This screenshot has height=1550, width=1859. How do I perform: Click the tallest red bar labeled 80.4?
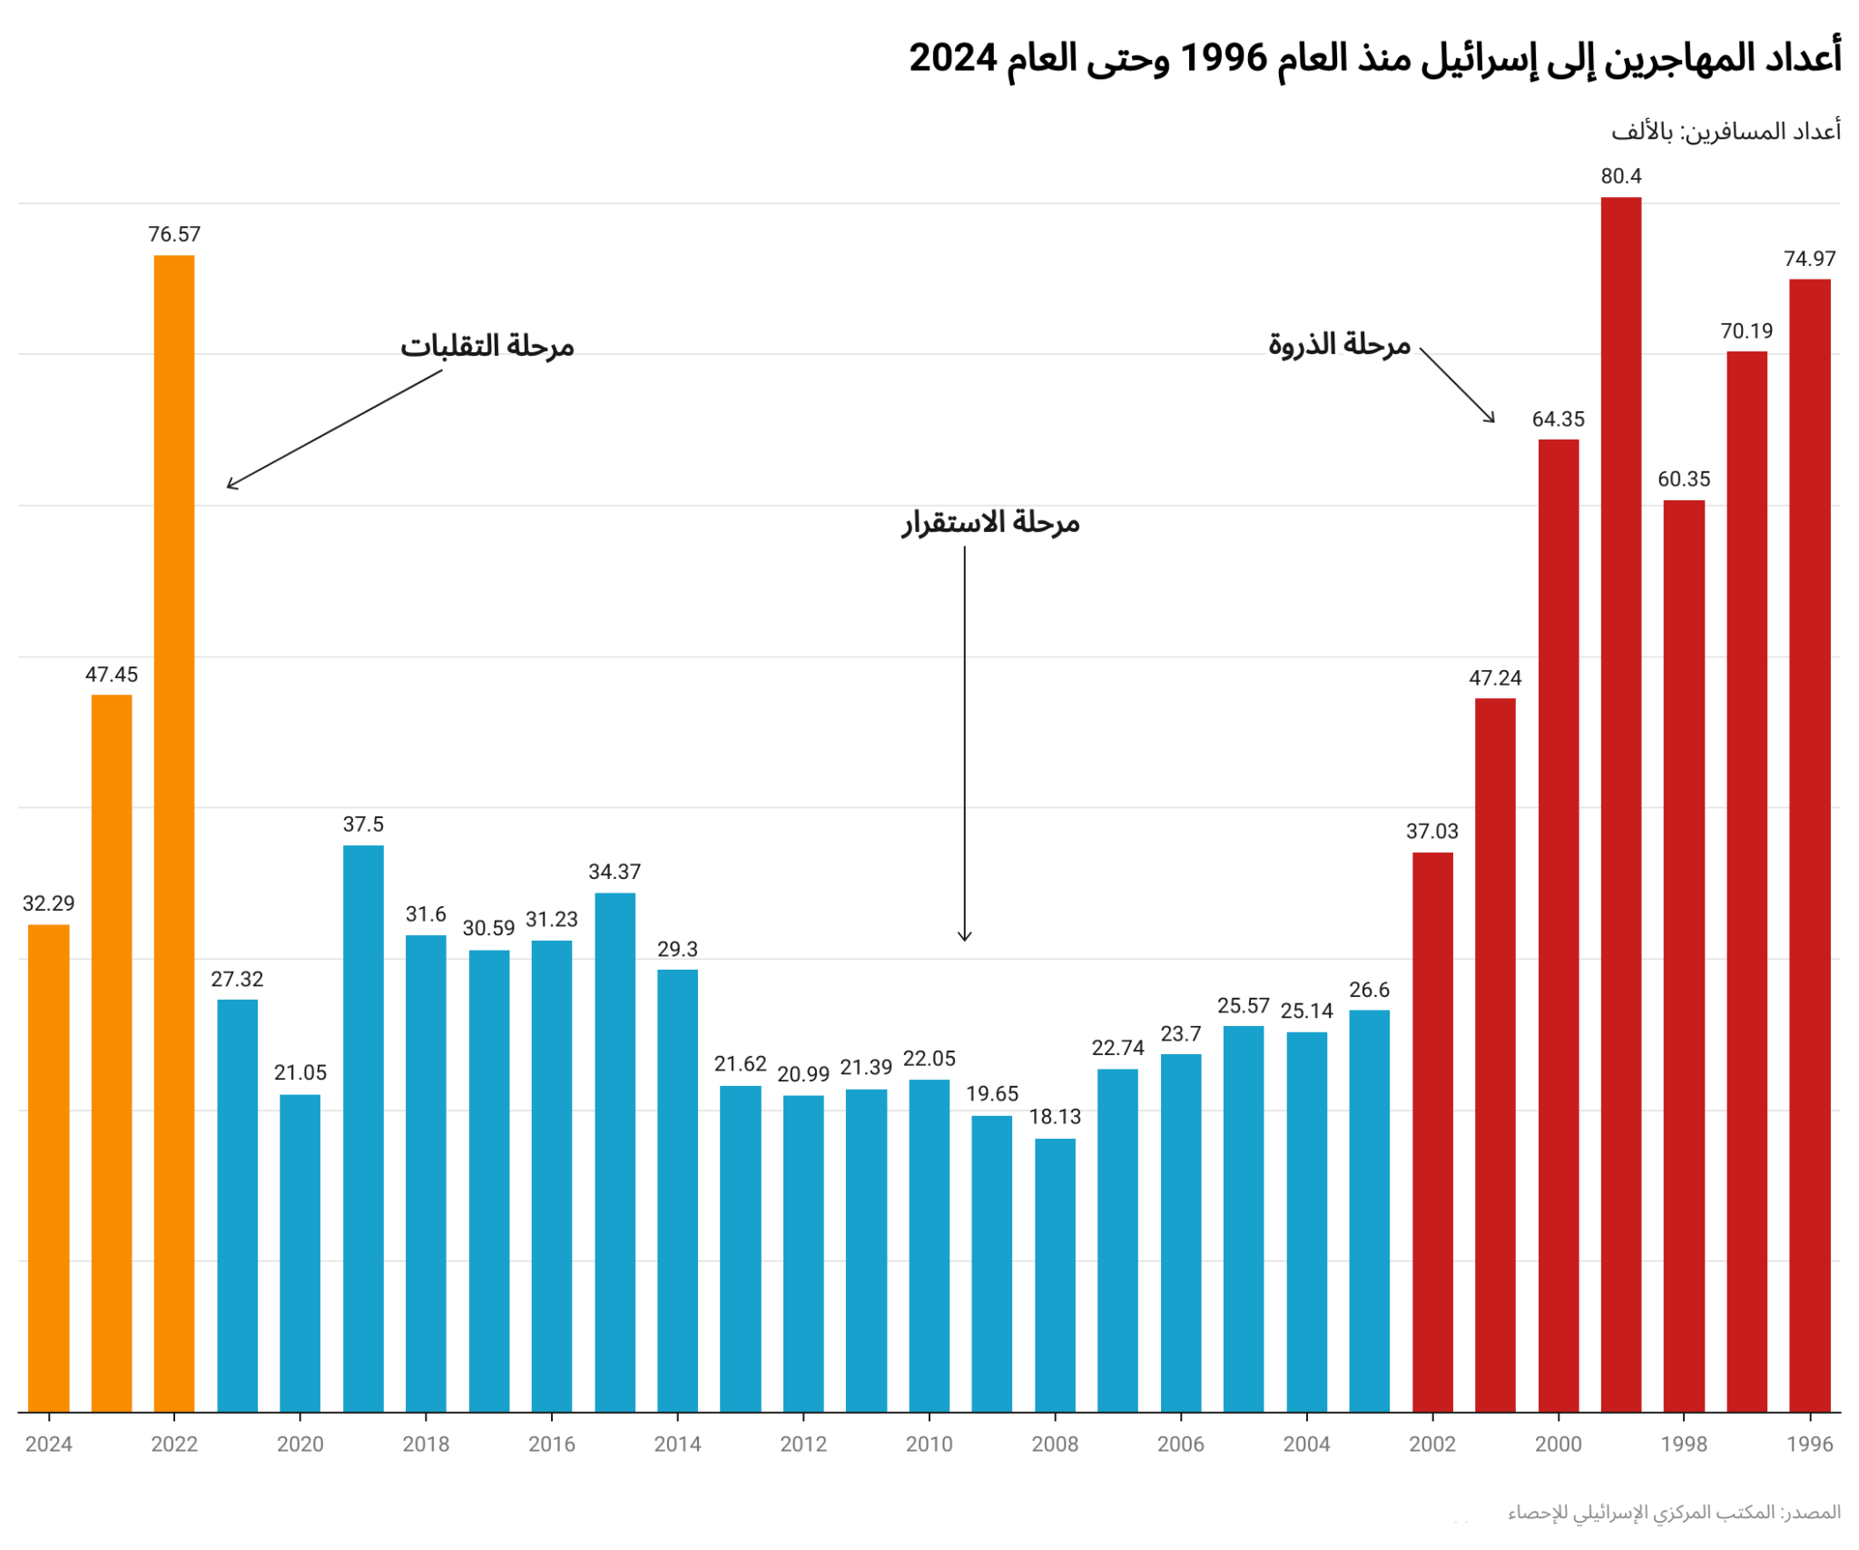pos(1620,804)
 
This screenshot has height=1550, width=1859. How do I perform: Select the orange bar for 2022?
pos(174,833)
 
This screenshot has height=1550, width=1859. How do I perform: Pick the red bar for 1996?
pos(1809,844)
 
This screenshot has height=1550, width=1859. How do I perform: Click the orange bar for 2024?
pos(49,1168)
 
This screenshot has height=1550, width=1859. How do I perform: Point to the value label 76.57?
pos(174,234)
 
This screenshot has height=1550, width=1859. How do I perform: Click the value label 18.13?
pos(1055,1117)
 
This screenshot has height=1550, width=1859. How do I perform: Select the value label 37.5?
pos(363,824)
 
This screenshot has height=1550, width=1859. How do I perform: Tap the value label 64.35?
pos(1558,420)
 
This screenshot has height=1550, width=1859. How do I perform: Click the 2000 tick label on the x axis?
pos(1558,1444)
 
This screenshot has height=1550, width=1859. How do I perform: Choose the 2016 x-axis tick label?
pos(552,1444)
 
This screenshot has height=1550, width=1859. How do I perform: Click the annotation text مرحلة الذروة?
pos(1339,344)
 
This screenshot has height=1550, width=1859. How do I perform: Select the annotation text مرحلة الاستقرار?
pos(990,522)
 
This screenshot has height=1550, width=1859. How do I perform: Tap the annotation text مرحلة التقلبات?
pos(487,346)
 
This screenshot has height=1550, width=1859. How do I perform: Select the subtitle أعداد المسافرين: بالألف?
pos(1726,132)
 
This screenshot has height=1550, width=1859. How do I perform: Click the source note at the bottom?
pos(1674,1512)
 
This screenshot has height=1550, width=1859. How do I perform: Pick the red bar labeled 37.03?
pos(1431,1131)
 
